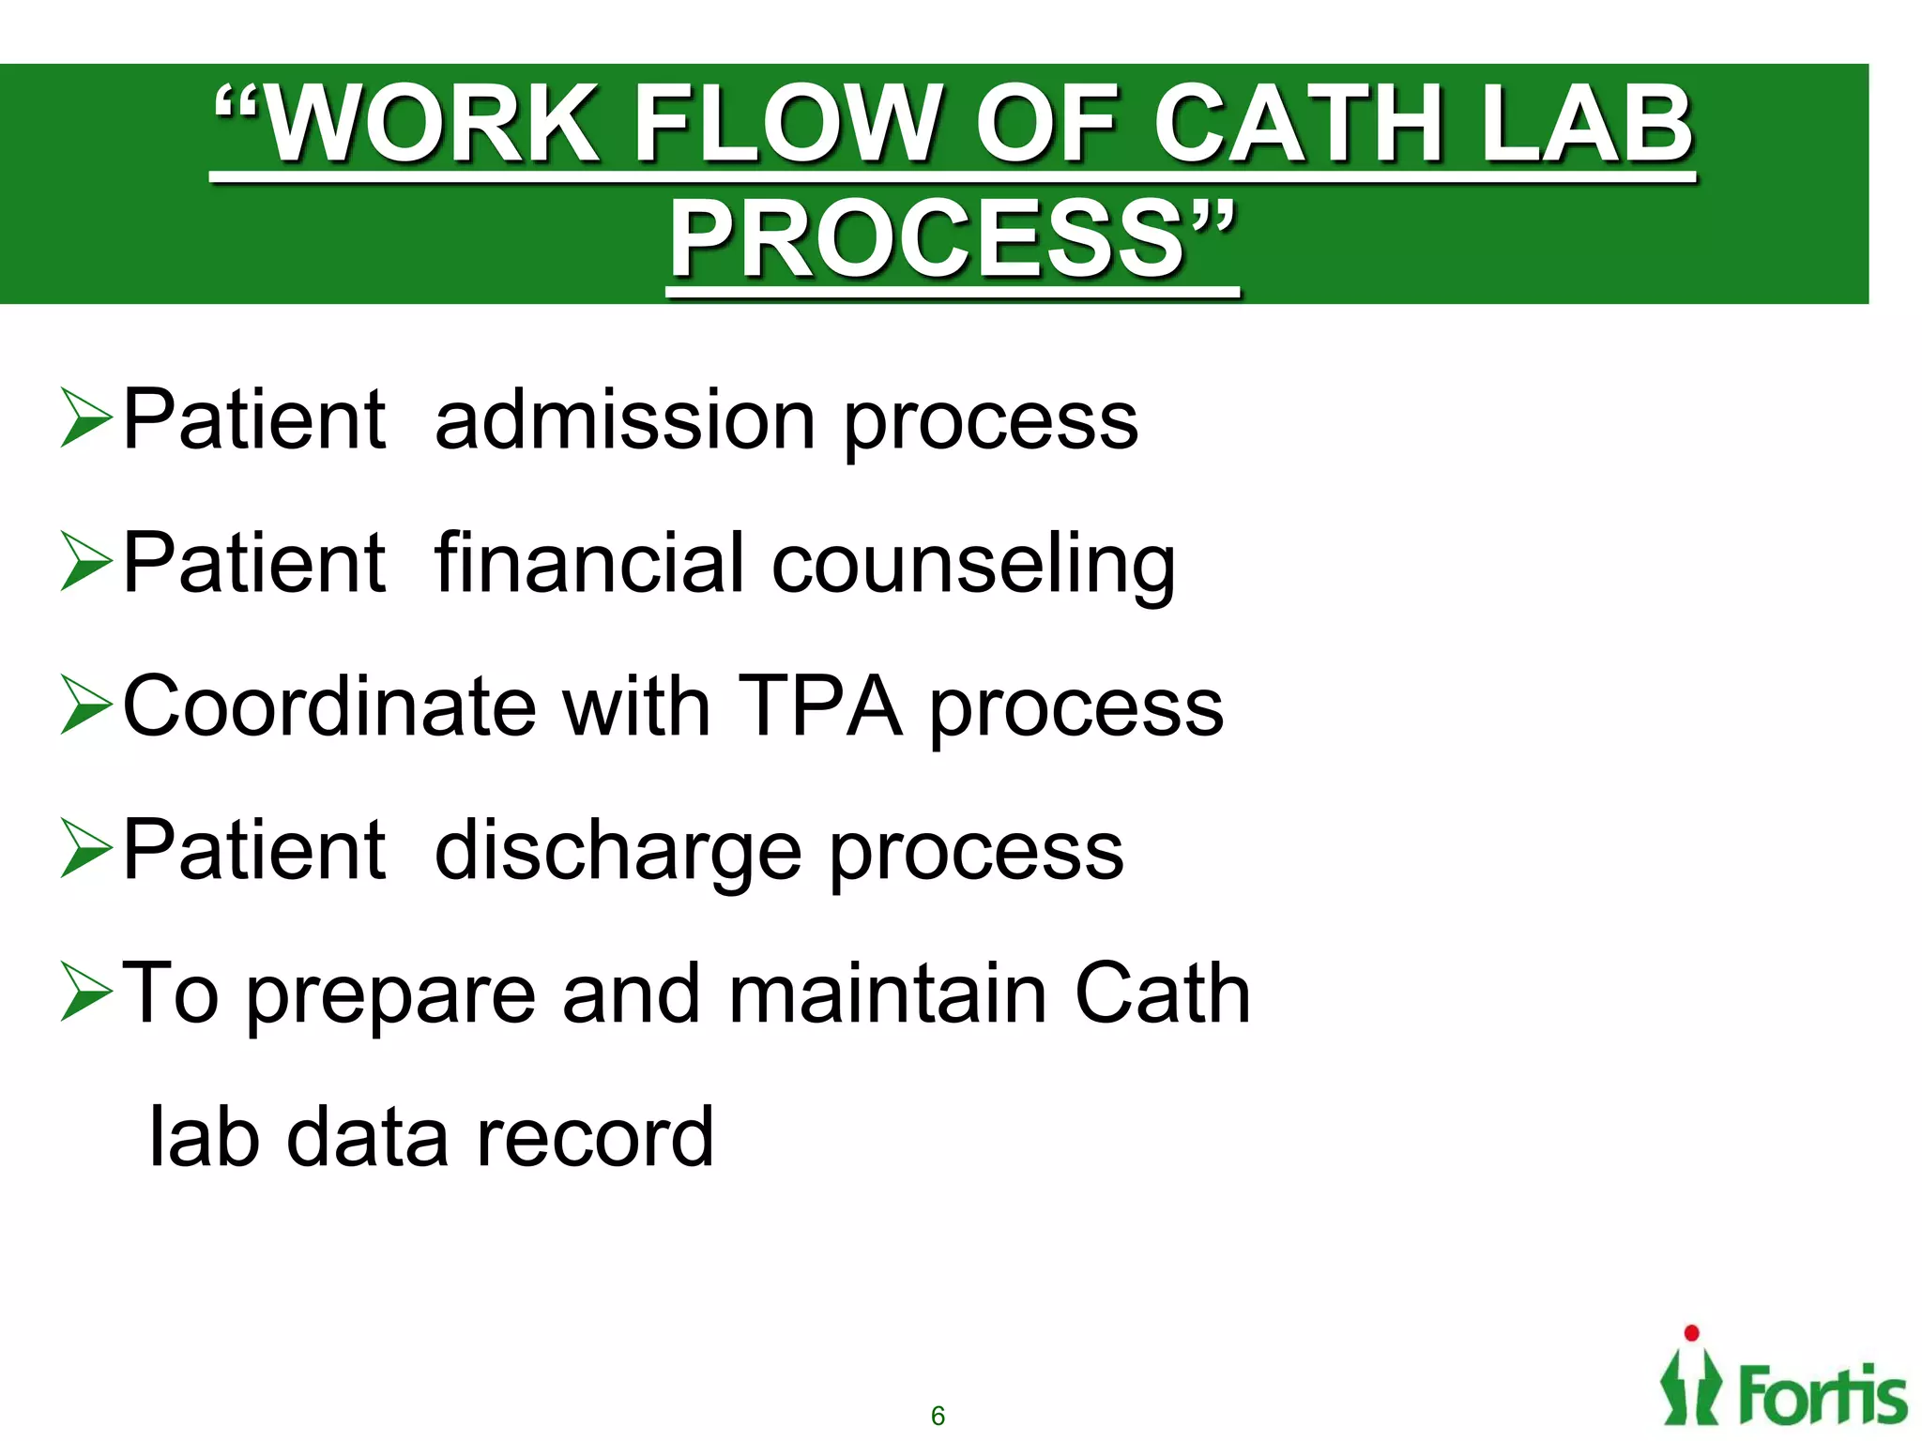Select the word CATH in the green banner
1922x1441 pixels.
[1300, 124]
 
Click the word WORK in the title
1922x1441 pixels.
[432, 124]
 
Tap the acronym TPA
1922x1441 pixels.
[820, 706]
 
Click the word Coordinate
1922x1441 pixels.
[328, 706]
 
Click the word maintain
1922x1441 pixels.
[887, 994]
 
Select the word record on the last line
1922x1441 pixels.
[595, 1137]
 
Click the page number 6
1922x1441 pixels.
[938, 1416]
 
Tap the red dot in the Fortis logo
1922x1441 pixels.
[1692, 1333]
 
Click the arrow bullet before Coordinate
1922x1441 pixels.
[86, 705]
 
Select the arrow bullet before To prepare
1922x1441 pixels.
[86, 992]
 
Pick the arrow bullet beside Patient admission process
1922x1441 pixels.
[86, 417]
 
